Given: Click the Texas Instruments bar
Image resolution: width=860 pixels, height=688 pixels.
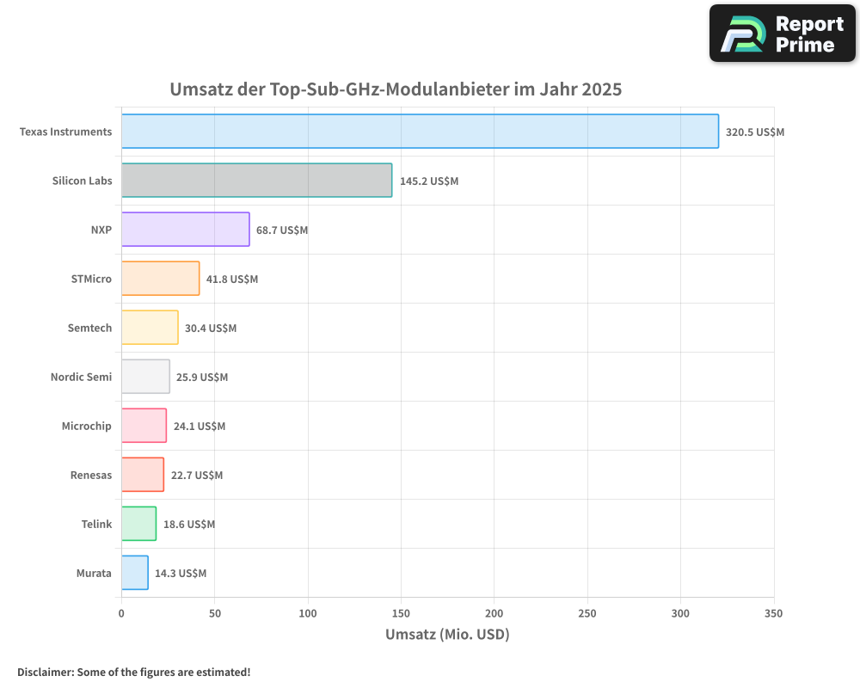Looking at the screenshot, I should pyautogui.click(x=420, y=132).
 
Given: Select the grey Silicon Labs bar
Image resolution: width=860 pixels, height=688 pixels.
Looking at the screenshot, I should pyautogui.click(x=256, y=181).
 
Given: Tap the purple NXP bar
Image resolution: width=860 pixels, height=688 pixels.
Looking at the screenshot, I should pyautogui.click(x=185, y=230).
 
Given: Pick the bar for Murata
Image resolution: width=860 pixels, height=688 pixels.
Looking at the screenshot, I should pyautogui.click(x=134, y=573).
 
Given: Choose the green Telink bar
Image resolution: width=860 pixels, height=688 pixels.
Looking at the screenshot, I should pyautogui.click(x=138, y=524).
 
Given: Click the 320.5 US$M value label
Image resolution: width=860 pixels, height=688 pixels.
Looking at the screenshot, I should pyautogui.click(x=755, y=132).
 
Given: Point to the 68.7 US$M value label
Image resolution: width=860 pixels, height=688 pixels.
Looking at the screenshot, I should pyautogui.click(x=282, y=230).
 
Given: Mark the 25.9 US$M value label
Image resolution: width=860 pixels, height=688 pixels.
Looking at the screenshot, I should pyautogui.click(x=202, y=378).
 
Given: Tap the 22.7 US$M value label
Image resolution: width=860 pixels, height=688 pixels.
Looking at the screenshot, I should pyautogui.click(x=196, y=476).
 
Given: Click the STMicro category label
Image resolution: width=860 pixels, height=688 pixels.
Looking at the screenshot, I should pyautogui.click(x=91, y=279).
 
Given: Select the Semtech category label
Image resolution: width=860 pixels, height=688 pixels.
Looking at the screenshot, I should pyautogui.click(x=89, y=328).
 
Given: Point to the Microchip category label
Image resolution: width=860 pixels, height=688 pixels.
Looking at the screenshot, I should pyautogui.click(x=86, y=426).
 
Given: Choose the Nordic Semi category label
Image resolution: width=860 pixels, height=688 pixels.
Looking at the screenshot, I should pyautogui.click(x=81, y=377).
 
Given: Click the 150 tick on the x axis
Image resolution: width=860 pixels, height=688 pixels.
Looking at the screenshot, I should pyautogui.click(x=401, y=613).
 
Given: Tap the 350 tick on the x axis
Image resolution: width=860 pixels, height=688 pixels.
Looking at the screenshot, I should pyautogui.click(x=773, y=613).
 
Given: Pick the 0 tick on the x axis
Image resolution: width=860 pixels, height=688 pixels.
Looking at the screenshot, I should pyautogui.click(x=121, y=613).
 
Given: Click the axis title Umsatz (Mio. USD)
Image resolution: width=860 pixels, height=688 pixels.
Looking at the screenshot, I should pyautogui.click(x=447, y=635).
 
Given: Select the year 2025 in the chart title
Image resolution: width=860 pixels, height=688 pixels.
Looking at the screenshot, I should pyautogui.click(x=601, y=89).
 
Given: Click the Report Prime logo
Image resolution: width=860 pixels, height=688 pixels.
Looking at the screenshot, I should pyautogui.click(x=782, y=34).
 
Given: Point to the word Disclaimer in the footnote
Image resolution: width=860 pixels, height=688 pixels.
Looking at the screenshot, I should pyautogui.click(x=44, y=672).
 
